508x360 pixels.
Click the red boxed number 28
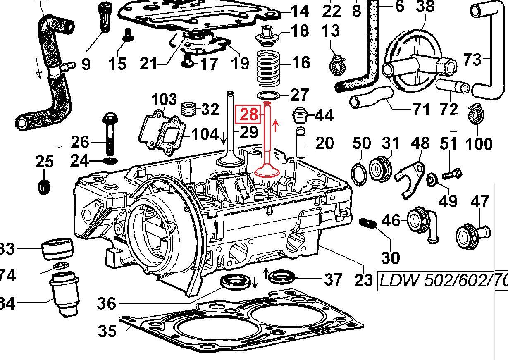pyautogui.click(x=248, y=114)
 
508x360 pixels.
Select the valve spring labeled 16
pyautogui.click(x=269, y=67)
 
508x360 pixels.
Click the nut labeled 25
pyautogui.click(x=43, y=187)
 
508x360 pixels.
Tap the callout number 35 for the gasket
pyautogui.click(x=107, y=331)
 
